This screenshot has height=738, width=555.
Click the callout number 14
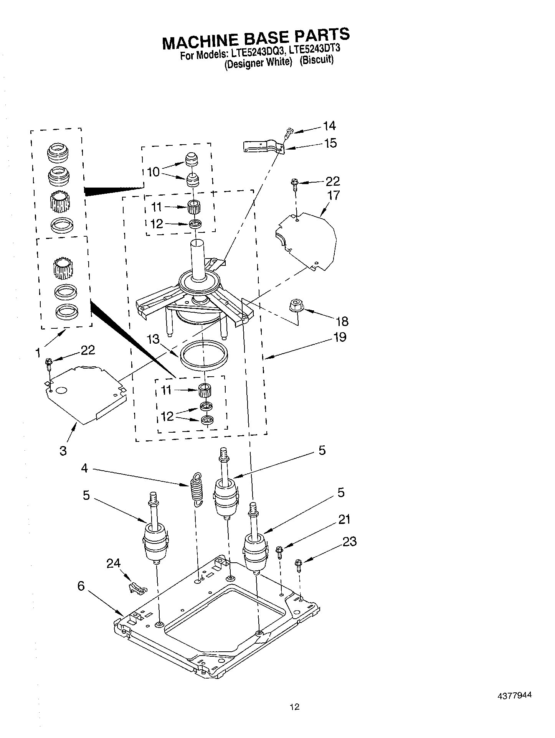329,126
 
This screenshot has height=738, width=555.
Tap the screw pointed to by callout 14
288,133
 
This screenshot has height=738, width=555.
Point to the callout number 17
334,195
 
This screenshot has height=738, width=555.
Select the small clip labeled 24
137,587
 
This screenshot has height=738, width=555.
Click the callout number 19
340,337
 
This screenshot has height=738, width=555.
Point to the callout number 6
81,586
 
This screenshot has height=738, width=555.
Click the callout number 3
63,450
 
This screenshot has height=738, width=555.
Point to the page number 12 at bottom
294,717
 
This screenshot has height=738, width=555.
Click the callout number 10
153,172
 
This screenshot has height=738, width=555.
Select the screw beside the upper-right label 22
295,184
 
